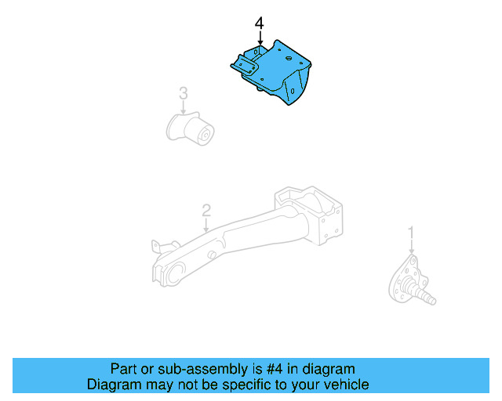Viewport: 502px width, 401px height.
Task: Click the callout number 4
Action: (260, 24)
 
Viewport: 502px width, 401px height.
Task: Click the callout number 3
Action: (183, 94)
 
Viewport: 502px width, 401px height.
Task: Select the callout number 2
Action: (206, 210)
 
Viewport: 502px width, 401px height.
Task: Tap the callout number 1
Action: (410, 233)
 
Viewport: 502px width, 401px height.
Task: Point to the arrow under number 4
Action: (260, 38)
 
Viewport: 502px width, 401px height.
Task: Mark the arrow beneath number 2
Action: (206, 226)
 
